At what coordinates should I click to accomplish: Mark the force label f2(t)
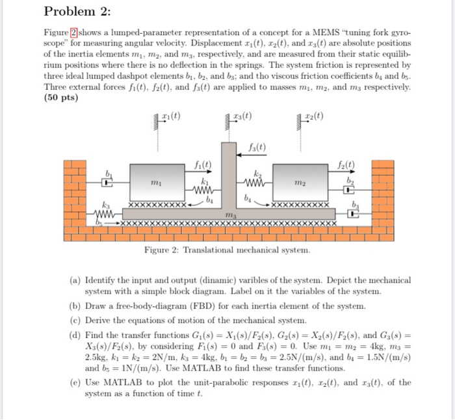point(348,164)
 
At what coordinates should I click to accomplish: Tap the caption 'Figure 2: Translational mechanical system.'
point(227,250)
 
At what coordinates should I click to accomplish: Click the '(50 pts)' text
point(60,98)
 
